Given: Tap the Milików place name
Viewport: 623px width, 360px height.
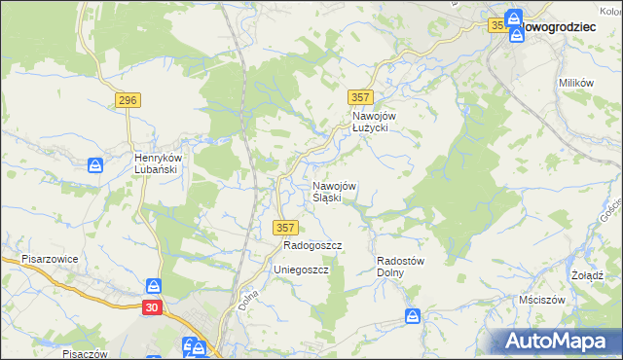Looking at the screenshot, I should (576, 83).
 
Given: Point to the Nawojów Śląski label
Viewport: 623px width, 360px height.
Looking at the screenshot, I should (334, 192).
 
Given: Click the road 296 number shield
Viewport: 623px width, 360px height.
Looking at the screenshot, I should (128, 100).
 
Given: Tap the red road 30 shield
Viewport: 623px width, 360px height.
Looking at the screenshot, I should (152, 307).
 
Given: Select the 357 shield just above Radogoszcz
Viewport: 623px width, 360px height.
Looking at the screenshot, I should (284, 227).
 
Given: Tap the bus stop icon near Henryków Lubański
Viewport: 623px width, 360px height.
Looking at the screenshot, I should (95, 166).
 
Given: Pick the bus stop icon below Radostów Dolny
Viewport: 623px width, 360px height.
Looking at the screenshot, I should (413, 317).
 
